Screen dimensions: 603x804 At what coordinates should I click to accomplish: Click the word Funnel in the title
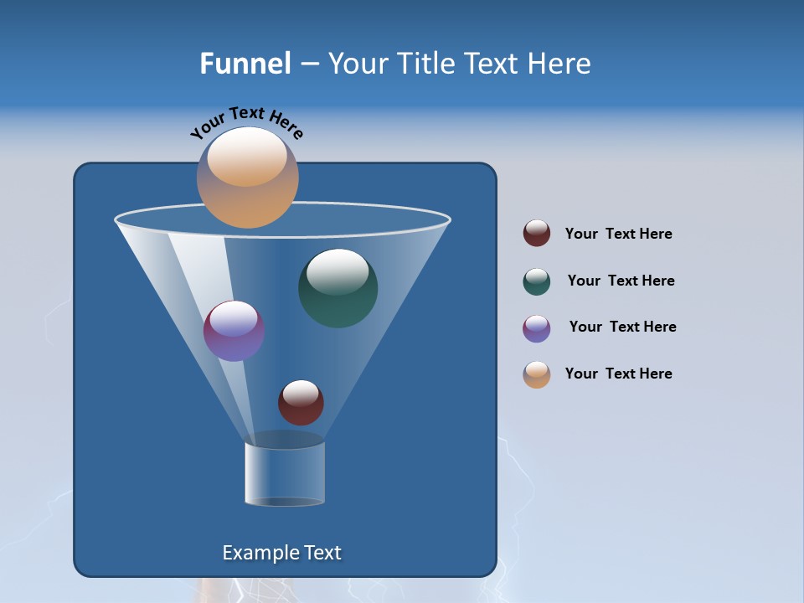pyautogui.click(x=245, y=64)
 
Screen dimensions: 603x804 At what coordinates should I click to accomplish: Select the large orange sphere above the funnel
pyautogui.click(x=247, y=178)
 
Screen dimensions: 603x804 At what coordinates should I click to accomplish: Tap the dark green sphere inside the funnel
pyautogui.click(x=338, y=288)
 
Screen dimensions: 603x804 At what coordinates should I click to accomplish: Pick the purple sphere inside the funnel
pyautogui.click(x=234, y=331)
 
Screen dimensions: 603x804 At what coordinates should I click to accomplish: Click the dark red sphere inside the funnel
pyautogui.click(x=301, y=403)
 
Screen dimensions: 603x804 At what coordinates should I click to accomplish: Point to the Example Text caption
pyautogui.click(x=282, y=553)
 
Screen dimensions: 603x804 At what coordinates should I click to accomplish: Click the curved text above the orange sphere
pyautogui.click(x=246, y=123)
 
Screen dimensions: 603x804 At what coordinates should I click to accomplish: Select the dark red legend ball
pyautogui.click(x=537, y=234)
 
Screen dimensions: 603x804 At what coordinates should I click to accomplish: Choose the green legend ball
pyautogui.click(x=537, y=281)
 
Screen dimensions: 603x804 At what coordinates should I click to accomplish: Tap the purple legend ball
pyautogui.click(x=537, y=328)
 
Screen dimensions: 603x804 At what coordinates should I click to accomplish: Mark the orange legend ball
pyautogui.click(x=537, y=374)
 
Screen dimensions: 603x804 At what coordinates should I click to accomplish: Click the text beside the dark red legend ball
pyautogui.click(x=618, y=234)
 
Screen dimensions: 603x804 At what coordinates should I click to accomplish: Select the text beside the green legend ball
pyautogui.click(x=621, y=281)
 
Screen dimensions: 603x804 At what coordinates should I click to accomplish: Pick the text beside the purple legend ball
pyautogui.click(x=622, y=327)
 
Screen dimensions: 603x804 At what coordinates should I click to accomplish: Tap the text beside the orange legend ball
pyautogui.click(x=618, y=374)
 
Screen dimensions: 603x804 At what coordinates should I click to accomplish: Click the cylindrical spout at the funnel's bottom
pyautogui.click(x=285, y=473)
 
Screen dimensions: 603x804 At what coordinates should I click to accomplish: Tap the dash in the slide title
pyautogui.click(x=309, y=64)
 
